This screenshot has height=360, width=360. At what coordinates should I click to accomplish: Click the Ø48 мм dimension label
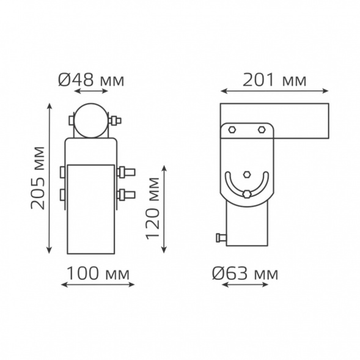coord(91,80)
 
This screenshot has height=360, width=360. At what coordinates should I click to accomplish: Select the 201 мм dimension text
coord(274,80)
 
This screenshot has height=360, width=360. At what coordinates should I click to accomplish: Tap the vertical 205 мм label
coord(38,178)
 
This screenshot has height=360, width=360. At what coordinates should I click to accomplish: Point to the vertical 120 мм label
coord(153,208)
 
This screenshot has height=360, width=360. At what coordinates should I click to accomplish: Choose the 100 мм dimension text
coord(98,273)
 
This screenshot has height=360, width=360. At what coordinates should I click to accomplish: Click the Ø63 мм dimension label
coord(245,273)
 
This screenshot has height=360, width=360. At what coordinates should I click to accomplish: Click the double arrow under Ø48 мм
coord(91,91)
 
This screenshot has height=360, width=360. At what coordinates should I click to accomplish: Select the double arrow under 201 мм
coord(274,91)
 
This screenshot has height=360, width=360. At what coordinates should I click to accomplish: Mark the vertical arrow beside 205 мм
coord(49,178)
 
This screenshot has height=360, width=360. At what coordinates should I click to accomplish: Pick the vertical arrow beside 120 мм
coord(164,209)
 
